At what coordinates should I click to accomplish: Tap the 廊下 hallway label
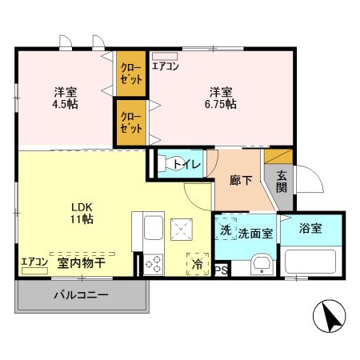[x=241, y=180]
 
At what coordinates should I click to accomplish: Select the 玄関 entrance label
[x=282, y=182]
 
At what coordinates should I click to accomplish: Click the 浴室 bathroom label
[x=311, y=229]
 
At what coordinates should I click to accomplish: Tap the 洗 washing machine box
[x=226, y=230]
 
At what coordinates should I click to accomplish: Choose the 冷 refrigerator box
[x=196, y=262]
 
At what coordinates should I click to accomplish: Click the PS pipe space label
[x=221, y=270]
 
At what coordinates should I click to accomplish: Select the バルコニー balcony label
[x=81, y=295]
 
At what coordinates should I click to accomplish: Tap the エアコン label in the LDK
[x=34, y=262]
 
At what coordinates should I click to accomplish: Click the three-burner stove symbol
[x=152, y=263]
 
